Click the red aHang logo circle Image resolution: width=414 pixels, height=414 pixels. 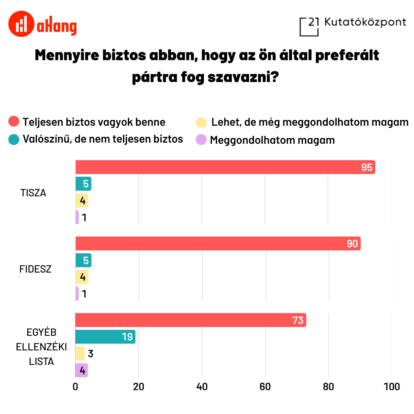pyautogui.click(x=21, y=24)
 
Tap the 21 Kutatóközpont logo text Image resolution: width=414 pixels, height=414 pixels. pyautogui.click(x=365, y=22)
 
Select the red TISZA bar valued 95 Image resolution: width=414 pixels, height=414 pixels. pyautogui.click(x=225, y=167)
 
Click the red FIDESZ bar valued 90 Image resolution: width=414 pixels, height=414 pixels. pyautogui.click(x=218, y=243)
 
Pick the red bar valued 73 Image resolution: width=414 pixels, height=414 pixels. pyautogui.click(x=191, y=320)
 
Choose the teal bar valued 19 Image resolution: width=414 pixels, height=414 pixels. pyautogui.click(x=105, y=337)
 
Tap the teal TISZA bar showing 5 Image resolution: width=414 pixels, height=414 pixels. pyautogui.click(x=83, y=184)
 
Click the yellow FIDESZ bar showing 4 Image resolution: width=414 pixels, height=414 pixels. pyautogui.click(x=82, y=277)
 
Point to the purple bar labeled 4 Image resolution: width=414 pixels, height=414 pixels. pyautogui.click(x=81, y=370)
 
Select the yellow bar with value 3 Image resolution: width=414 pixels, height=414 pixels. pyautogui.click(x=80, y=353)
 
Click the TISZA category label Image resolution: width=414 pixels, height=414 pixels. pyautogui.click(x=33, y=193)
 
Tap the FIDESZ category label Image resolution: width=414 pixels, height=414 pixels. pyautogui.click(x=35, y=269)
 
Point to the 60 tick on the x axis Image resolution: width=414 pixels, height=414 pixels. pyautogui.click(x=265, y=386)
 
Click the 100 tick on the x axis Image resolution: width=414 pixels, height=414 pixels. pyautogui.click(x=391, y=386)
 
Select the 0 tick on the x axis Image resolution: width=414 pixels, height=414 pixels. pyautogui.click(x=76, y=386)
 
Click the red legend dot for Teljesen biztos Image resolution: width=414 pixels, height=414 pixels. pyautogui.click(x=14, y=122)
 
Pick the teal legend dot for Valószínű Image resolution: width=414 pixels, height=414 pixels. pyautogui.click(x=14, y=139)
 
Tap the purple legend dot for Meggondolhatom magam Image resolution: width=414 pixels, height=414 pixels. pyautogui.click(x=201, y=140)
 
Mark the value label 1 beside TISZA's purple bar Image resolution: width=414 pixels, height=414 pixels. pyautogui.click(x=84, y=218)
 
